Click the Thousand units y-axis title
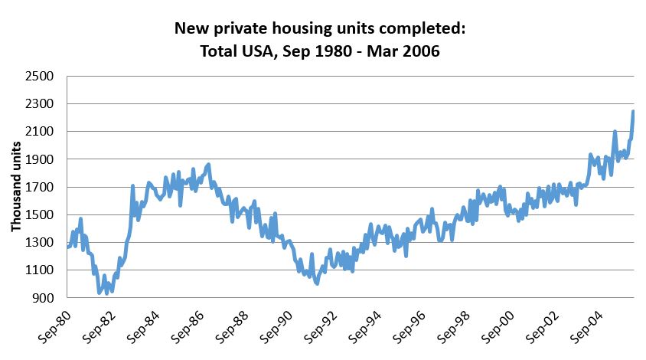click(x=16, y=188)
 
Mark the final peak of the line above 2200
click(x=633, y=112)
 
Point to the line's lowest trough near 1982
click(x=99, y=293)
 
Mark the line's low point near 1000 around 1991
click(x=317, y=283)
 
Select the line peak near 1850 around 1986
click(x=208, y=165)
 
